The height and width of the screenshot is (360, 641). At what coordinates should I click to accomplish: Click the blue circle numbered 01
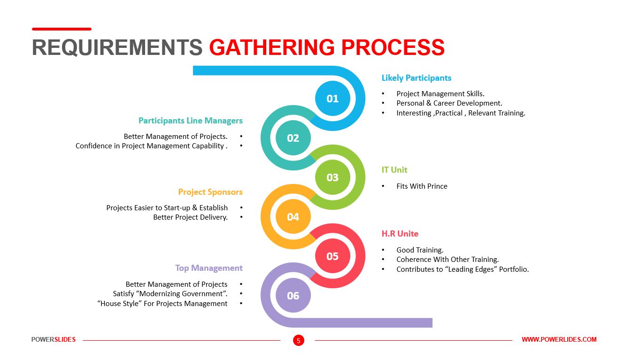pos(332,99)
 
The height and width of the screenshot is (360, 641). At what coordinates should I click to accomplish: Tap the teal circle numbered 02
pos(293,138)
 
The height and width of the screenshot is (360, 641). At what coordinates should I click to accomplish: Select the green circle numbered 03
pos(332,177)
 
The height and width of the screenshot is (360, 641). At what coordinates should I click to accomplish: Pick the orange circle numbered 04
pos(293,217)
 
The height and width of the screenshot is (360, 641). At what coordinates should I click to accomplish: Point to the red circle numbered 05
pos(332,256)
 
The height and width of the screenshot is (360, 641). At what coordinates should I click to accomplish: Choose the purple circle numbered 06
pos(293,295)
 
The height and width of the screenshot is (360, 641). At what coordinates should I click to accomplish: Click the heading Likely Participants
pos(417,78)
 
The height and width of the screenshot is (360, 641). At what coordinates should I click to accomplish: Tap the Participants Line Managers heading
pos(191,121)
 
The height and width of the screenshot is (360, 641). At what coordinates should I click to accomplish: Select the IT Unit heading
pos(394,170)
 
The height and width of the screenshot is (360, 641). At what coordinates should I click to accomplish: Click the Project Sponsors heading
pos(210,192)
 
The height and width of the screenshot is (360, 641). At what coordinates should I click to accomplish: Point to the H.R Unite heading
pos(400,234)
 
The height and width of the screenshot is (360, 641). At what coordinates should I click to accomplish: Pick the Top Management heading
pos(209,268)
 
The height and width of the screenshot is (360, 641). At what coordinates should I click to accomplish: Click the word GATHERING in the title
pos(271,47)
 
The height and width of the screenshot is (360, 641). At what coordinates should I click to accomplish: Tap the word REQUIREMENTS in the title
pos(117,47)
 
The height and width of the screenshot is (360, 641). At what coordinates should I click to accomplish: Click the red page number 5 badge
pos(299,340)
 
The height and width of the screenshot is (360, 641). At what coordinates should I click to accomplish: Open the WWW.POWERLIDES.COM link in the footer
pos(559,339)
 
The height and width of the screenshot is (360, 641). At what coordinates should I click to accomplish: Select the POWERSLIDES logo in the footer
pos(54,339)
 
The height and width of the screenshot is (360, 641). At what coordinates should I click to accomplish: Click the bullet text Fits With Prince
pos(422,186)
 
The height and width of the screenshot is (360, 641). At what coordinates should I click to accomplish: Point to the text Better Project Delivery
pos(191,217)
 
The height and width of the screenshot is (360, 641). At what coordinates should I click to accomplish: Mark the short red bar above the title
pos(62,29)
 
